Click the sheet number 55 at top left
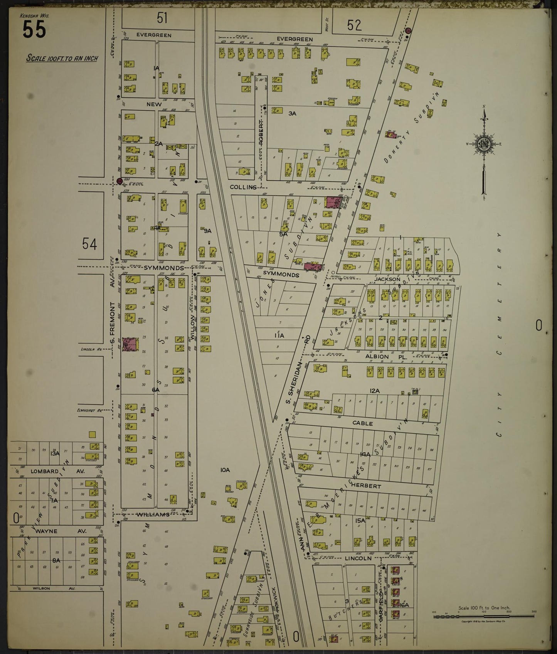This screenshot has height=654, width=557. pyautogui.click(x=34, y=29)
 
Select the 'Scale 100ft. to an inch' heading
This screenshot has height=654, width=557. pyautogui.click(x=62, y=59)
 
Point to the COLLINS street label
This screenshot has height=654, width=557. pyautogui.click(x=243, y=187)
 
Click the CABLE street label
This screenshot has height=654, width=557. pyautogui.click(x=363, y=423)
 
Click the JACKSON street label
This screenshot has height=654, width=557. pyautogui.click(x=387, y=278)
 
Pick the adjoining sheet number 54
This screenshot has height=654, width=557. pyautogui.click(x=89, y=244)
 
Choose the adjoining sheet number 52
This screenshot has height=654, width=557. pyautogui.click(x=354, y=25)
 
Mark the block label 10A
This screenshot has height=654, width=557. pyautogui.click(x=225, y=470)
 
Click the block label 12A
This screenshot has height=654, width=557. pyautogui.click(x=374, y=391)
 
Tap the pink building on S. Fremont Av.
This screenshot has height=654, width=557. pyautogui.click(x=130, y=344)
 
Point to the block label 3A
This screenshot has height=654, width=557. pyautogui.click(x=292, y=113)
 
